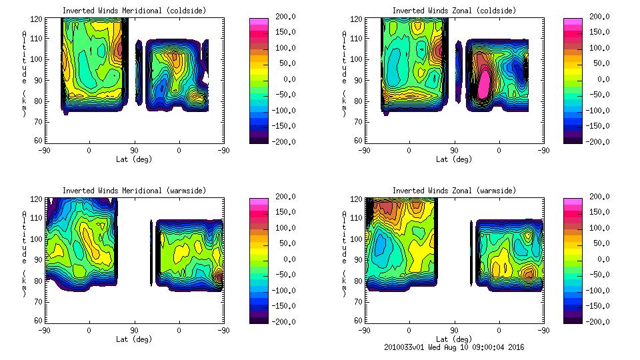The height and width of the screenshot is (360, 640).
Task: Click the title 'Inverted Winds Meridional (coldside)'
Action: point(134,11)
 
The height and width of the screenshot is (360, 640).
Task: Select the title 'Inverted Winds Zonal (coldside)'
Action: point(454,11)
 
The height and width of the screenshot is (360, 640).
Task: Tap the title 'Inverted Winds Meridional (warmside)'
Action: point(134,191)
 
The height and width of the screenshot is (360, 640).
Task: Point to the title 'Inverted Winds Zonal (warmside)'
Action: point(454,191)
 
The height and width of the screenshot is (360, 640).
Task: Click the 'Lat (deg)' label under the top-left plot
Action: point(134,159)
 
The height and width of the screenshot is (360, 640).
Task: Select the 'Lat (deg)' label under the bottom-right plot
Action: point(454,339)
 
